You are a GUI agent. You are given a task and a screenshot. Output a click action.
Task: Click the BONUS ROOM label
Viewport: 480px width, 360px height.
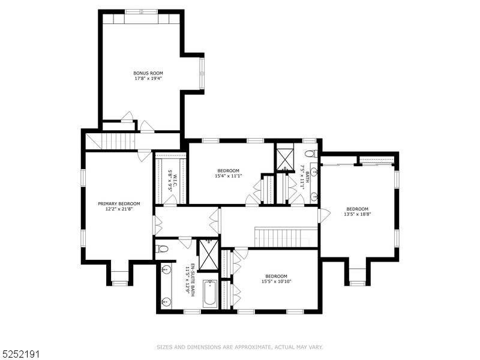[x=148, y=73]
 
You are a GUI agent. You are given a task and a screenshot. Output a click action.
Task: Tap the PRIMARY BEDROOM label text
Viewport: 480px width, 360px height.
[x=119, y=203]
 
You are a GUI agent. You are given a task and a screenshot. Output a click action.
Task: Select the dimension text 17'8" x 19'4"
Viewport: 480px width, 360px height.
[x=148, y=79]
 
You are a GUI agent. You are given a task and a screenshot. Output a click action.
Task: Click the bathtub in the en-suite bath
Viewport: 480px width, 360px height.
[x=210, y=294]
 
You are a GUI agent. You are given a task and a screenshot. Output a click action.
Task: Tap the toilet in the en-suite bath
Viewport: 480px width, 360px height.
[x=161, y=248]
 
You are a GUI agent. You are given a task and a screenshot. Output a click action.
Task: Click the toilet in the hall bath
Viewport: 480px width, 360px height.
[x=310, y=154]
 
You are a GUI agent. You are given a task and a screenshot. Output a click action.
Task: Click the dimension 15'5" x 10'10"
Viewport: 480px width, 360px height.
[x=277, y=281]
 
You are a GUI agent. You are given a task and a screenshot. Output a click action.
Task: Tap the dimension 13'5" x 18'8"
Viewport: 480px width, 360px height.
[x=357, y=214]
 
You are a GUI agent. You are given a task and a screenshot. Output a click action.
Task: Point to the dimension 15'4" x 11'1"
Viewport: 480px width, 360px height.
[x=228, y=176]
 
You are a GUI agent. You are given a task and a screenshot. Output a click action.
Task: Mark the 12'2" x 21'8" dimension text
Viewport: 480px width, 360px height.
[x=119, y=209]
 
